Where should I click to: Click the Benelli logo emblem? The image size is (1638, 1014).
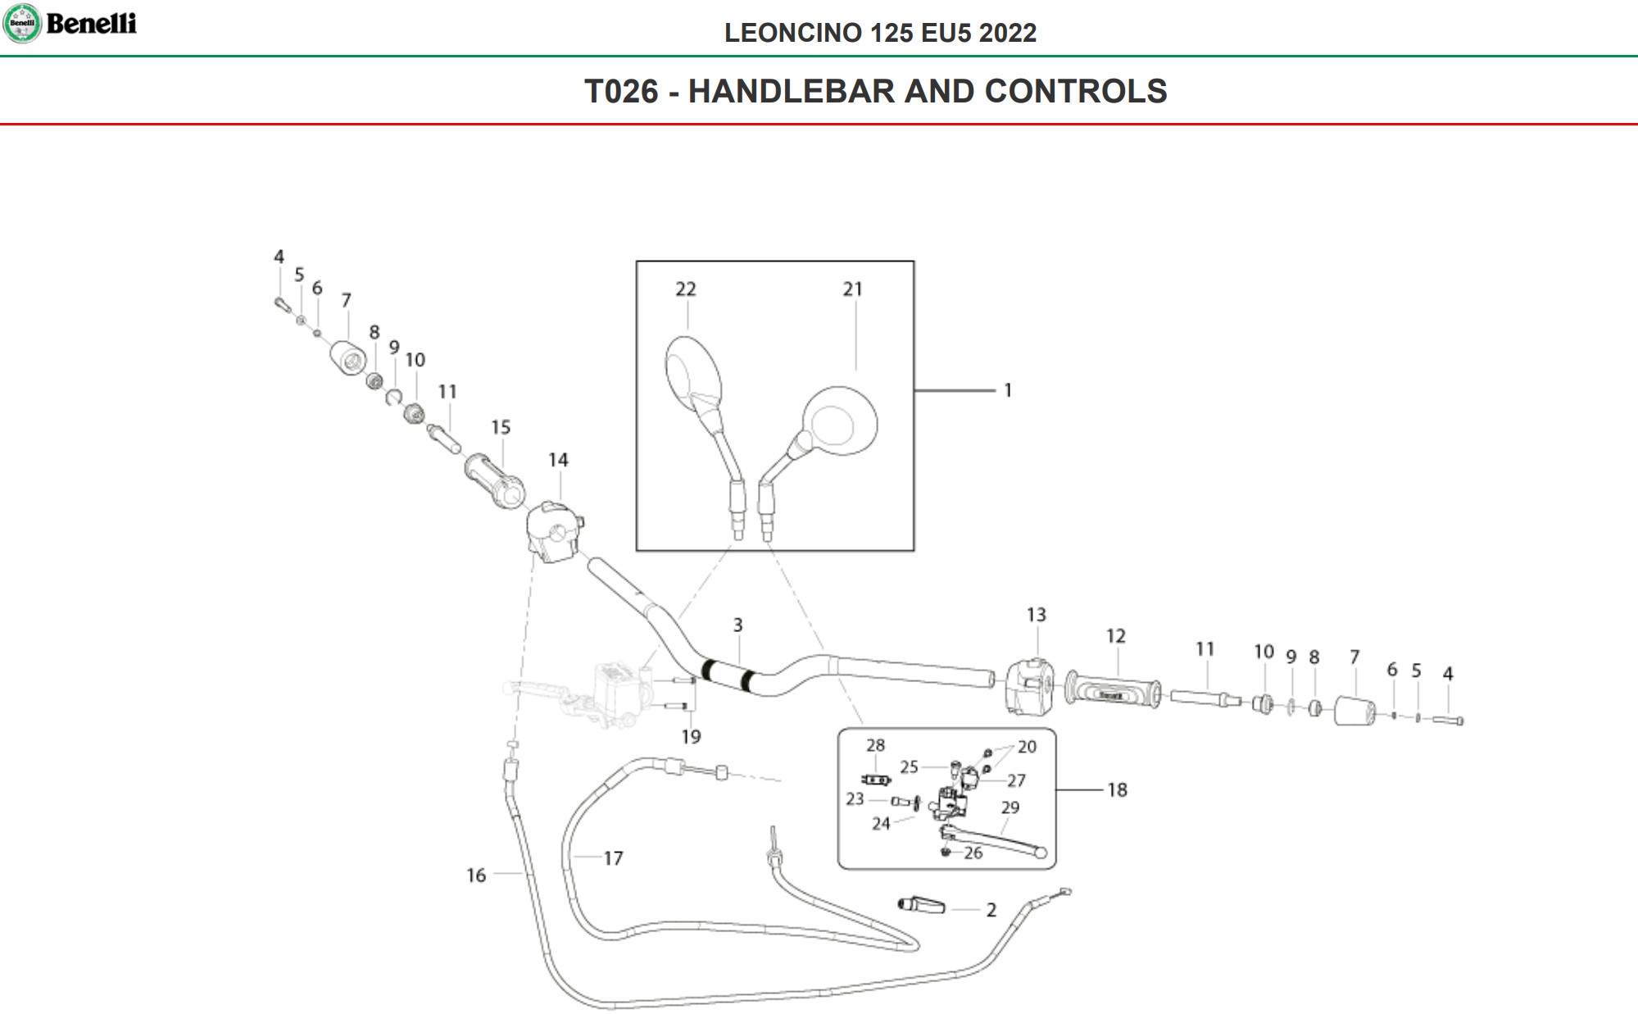coord(22,23)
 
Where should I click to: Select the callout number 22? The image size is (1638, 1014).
coord(686,289)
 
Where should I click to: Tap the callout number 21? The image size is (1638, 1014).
coord(852,289)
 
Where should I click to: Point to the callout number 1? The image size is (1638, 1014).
coord(1008,391)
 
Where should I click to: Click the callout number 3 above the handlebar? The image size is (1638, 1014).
coord(737,625)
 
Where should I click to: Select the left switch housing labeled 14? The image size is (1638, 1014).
coord(553,531)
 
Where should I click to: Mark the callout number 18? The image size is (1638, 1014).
coord(1117,790)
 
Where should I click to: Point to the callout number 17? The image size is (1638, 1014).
coord(613,858)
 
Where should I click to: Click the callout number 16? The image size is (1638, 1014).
coord(476,875)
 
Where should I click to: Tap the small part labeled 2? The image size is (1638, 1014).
coord(922,906)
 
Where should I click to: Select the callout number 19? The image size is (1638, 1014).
coord(691,737)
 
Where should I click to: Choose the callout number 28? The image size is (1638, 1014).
coord(875,745)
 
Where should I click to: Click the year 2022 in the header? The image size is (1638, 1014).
coord(1007,33)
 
